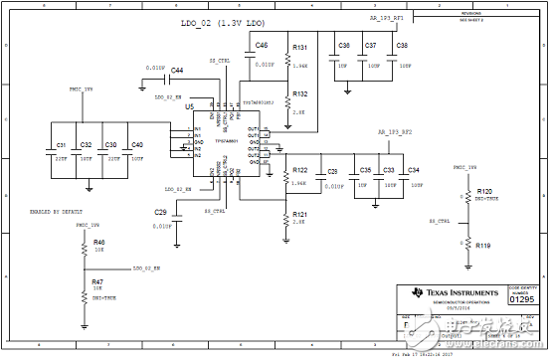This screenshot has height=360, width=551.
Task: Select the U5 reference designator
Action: [x=189, y=103]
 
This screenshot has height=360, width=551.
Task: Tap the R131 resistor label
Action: [x=299, y=47]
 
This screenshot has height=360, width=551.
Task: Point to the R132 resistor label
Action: [x=299, y=93]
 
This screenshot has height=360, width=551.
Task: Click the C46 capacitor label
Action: [x=261, y=46]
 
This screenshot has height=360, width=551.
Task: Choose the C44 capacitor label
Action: [x=176, y=70]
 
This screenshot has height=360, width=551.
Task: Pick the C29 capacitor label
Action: [x=160, y=213]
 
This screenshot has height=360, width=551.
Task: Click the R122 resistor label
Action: [x=299, y=170]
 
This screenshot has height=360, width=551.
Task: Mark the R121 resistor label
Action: [x=299, y=214]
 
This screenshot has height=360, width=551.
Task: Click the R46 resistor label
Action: [x=98, y=242]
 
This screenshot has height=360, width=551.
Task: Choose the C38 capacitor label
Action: [x=402, y=46]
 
